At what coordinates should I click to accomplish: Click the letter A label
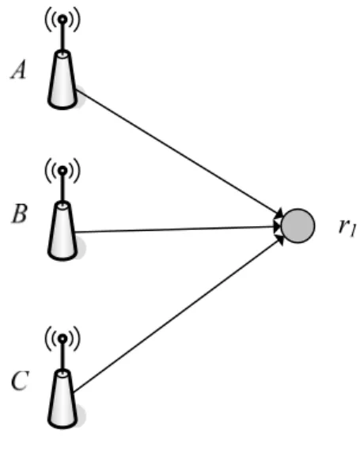tap(19, 70)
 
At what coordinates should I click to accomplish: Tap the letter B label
tap(20, 213)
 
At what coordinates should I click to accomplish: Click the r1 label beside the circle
tap(347, 228)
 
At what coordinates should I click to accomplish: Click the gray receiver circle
tap(298, 226)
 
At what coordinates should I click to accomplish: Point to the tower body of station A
tap(63, 80)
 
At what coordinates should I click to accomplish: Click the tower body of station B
tap(63, 231)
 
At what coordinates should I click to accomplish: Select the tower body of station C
tap(63, 399)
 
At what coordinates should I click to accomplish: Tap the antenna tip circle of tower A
tap(63, 20)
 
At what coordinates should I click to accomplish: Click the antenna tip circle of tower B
tap(63, 171)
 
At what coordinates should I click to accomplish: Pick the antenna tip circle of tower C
tap(63, 339)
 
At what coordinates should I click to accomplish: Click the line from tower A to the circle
tap(179, 153)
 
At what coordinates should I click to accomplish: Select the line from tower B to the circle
tap(178, 229)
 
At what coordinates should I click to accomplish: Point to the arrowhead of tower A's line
tap(279, 213)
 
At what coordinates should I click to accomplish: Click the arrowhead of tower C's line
tap(279, 240)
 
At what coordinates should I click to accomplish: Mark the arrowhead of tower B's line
tap(277, 226)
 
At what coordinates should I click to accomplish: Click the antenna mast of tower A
tap(63, 36)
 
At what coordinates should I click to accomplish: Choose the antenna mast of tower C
tap(63, 357)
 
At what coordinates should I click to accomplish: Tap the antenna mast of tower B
tap(63, 188)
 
